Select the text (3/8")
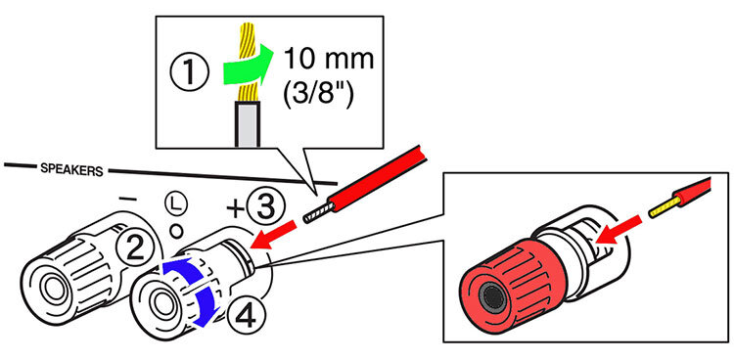coord(318,96)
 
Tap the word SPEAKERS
coord(71,170)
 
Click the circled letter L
coord(176,203)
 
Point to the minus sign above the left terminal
coord(127,200)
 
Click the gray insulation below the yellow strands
coord(246,125)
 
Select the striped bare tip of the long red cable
coord(317,212)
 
